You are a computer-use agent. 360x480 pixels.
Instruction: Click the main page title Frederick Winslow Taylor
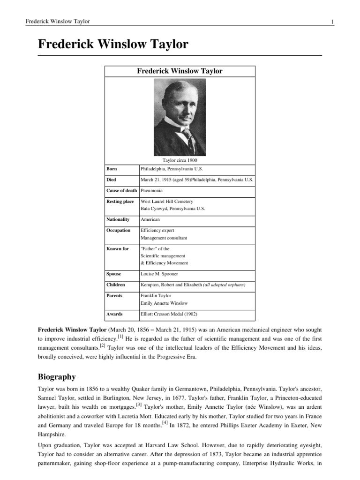112,45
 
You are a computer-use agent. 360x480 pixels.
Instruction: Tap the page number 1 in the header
332,22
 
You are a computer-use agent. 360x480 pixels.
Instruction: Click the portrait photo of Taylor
180,117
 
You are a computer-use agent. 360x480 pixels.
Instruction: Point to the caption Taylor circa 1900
180,160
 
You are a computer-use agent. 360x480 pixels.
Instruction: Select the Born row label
112,169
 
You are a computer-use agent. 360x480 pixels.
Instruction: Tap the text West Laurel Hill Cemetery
166,202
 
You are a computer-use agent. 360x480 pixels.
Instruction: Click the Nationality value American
150,219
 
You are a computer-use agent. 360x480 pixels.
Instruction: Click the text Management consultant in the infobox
164,238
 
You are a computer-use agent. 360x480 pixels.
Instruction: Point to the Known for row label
117,249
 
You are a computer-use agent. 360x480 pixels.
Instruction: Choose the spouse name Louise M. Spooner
159,274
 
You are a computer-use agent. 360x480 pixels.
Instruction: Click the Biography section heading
57,377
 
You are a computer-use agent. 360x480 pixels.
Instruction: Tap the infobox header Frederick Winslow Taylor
180,71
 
